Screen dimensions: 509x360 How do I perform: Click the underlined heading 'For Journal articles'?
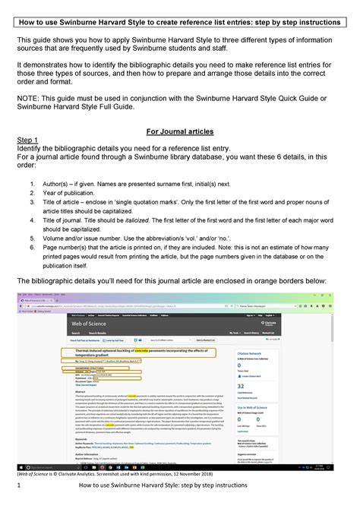pyautogui.click(x=179, y=131)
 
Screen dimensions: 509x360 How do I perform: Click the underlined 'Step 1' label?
pyautogui.click(x=30, y=140)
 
